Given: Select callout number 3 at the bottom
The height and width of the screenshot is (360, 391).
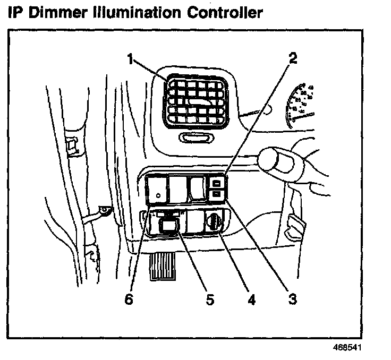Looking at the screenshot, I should (x=292, y=299).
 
